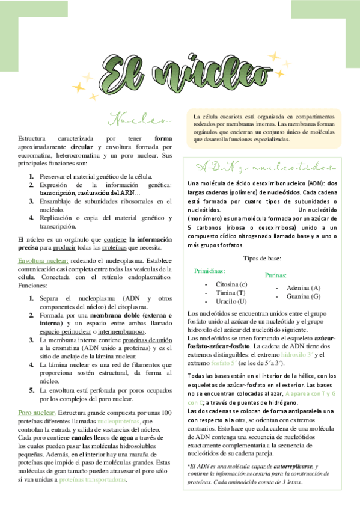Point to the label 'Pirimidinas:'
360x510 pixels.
pyautogui.click(x=209, y=272)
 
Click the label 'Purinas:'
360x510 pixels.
pyautogui.click(x=277, y=275)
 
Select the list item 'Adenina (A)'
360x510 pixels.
pyautogui.click(x=304, y=288)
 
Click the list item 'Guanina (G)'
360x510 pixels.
pyautogui.click(x=304, y=296)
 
